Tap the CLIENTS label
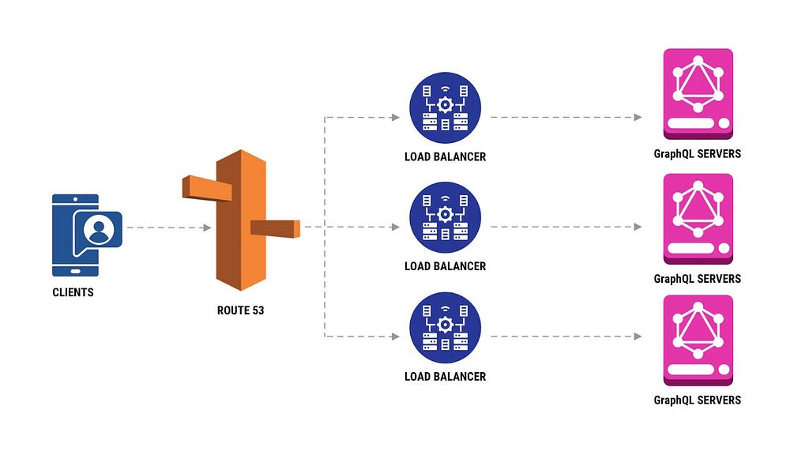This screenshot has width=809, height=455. click(73, 292)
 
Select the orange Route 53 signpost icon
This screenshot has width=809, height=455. click(241, 220)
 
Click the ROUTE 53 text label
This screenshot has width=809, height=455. click(240, 310)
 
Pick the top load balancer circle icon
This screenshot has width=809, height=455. click(446, 107)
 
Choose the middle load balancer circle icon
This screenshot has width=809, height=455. click(446, 217)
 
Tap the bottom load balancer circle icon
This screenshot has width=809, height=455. click(446, 328)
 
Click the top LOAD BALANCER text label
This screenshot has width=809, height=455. click(446, 157)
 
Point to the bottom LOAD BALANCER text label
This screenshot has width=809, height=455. click(446, 377)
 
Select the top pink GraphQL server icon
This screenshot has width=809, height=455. click(698, 94)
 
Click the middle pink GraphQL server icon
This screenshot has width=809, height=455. click(698, 219)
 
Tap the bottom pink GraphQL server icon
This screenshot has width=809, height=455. click(698, 340)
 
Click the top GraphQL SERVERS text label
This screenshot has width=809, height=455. click(697, 154)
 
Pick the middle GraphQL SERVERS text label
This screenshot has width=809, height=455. click(697, 279)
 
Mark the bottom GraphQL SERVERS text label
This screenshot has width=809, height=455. click(697, 400)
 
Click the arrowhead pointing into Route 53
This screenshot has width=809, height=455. click(208, 227)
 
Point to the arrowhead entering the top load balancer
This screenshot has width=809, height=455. click(396, 118)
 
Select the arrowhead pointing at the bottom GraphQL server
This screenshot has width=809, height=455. click(638, 337)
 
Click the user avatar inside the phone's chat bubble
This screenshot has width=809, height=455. click(99, 229)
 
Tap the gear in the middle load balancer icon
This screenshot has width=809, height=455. click(446, 215)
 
